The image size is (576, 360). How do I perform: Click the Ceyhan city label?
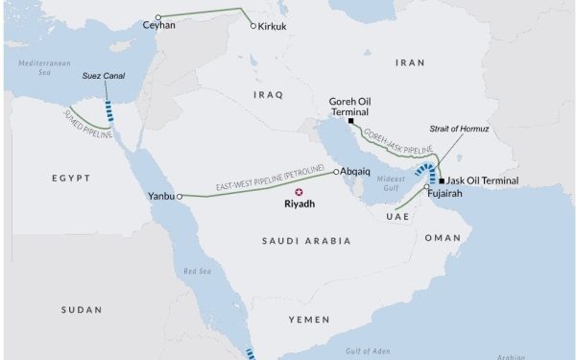[x=158, y=26]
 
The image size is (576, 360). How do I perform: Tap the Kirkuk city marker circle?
[x=253, y=26]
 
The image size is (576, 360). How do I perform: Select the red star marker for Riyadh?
[x=298, y=191]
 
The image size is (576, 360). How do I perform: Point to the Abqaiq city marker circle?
[x=336, y=173]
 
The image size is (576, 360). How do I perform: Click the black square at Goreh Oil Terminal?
[x=352, y=122]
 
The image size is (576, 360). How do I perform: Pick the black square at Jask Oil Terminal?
[x=441, y=180]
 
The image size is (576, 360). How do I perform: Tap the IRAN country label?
[x=410, y=62]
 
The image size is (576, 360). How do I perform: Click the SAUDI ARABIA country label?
[x=306, y=240]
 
